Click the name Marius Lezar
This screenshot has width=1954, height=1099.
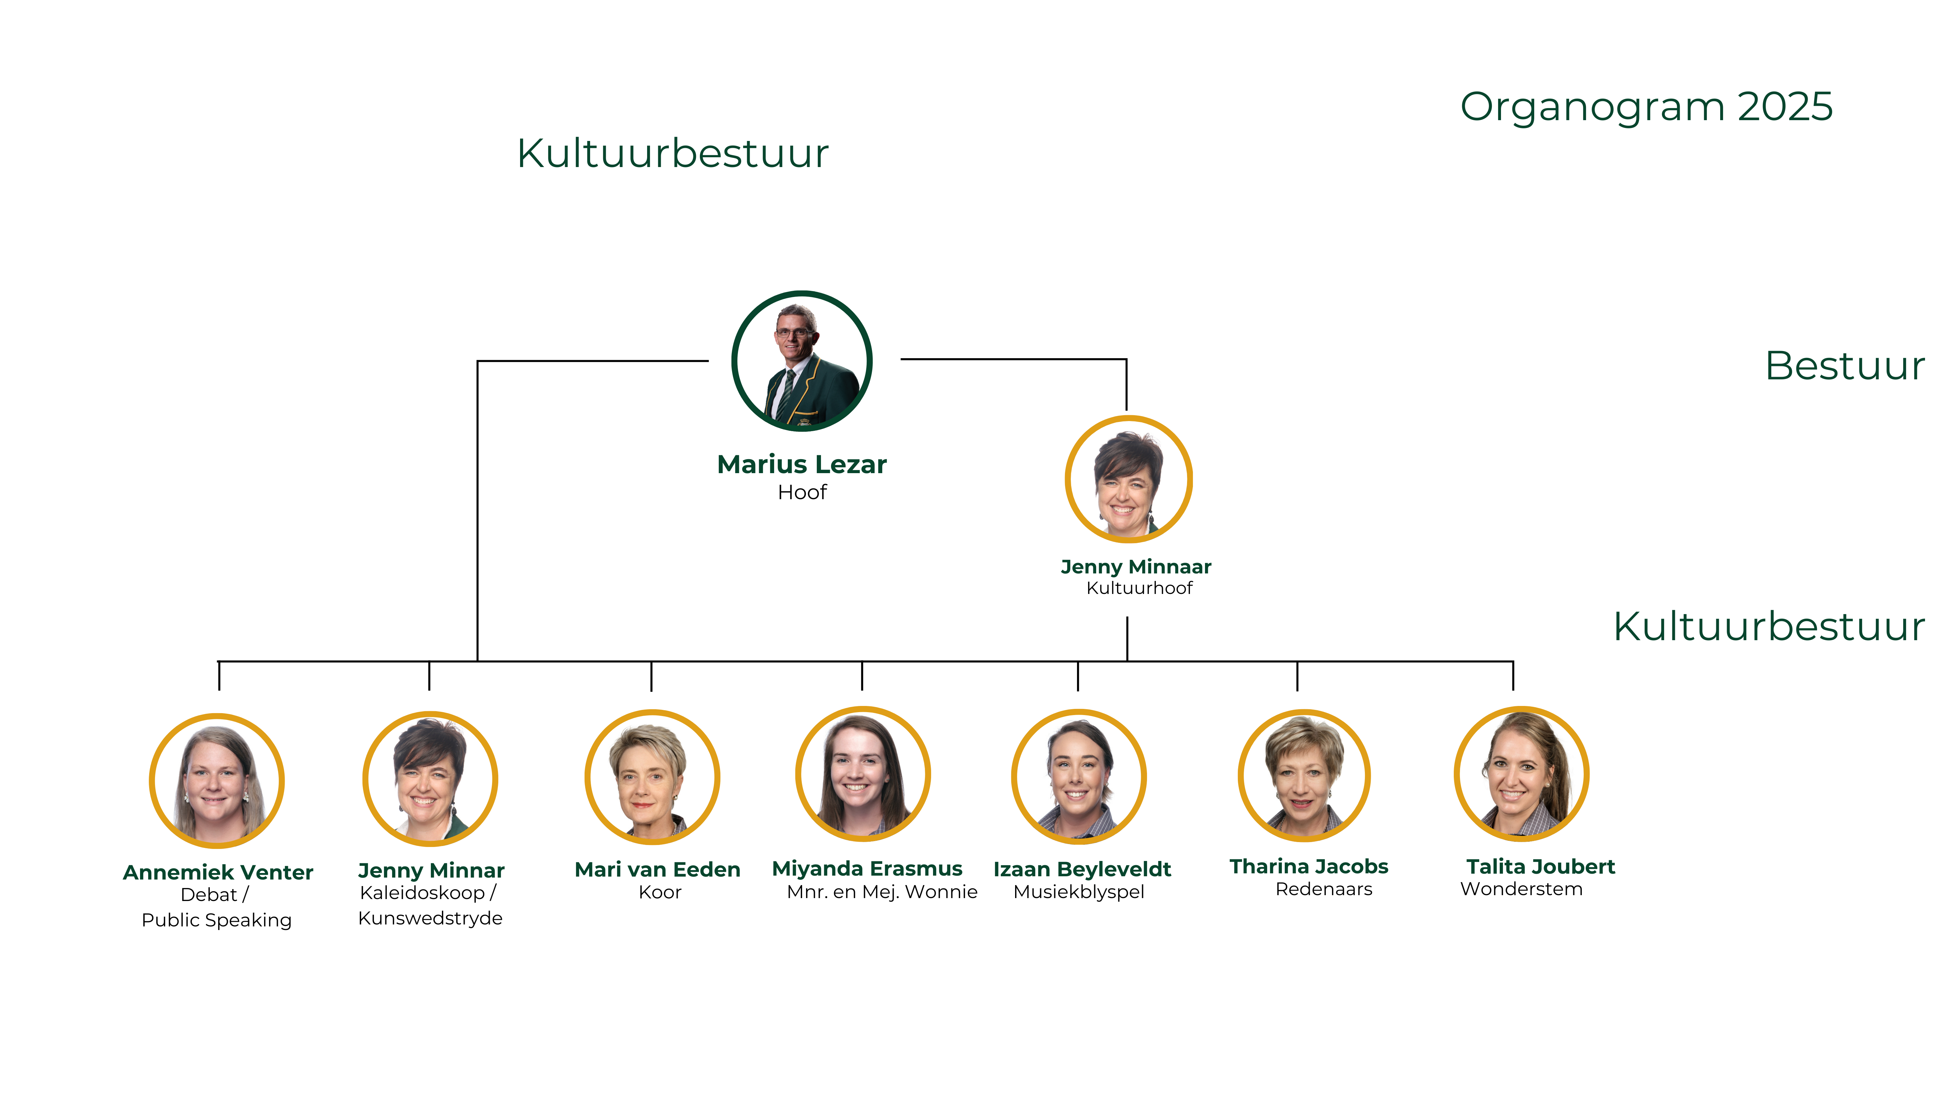[x=802, y=464]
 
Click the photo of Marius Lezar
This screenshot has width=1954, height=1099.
[x=802, y=362]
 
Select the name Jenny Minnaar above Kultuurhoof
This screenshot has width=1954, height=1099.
[x=1136, y=567]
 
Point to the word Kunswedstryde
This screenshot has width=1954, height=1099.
[x=430, y=919]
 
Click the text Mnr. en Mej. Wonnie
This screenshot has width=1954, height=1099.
[x=882, y=892]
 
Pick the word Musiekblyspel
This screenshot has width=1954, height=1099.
[x=1079, y=892]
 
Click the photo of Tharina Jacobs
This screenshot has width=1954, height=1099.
[x=1304, y=776]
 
